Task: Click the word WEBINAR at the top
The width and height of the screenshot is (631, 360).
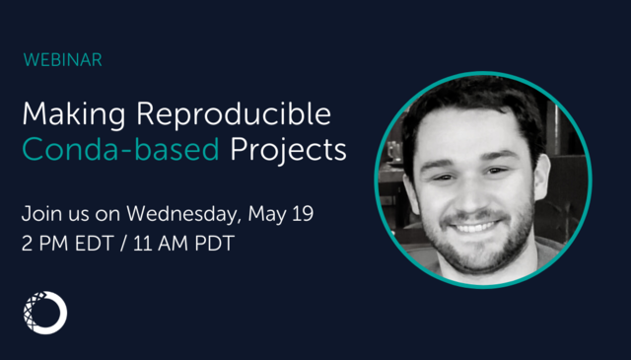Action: tap(62, 60)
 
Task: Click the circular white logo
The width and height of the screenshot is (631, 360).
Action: tap(44, 313)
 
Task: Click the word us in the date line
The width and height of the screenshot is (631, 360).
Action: tap(82, 212)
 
